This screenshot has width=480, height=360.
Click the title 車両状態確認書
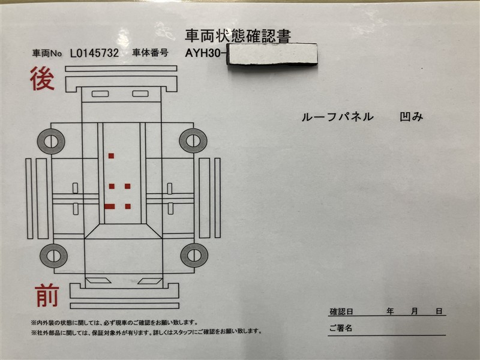[x=238, y=36]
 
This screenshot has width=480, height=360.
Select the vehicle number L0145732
[x=94, y=53]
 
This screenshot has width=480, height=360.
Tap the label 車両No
[x=47, y=53]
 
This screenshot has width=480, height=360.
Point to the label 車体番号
[x=150, y=53]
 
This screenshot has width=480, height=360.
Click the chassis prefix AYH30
[x=203, y=53]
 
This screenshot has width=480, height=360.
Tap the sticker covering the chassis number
[x=272, y=54]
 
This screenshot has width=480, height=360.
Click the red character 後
[x=43, y=79]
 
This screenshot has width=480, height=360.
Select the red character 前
[x=47, y=295]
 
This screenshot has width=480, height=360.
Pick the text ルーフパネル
[x=337, y=116]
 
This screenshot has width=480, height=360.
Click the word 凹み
[x=412, y=116]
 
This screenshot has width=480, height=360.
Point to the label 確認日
[x=341, y=311]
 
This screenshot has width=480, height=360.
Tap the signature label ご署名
[x=340, y=328]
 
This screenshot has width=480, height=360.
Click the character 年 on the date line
[x=390, y=311]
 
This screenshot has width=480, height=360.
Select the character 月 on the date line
[x=414, y=311]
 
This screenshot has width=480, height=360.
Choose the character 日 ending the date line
[x=439, y=311]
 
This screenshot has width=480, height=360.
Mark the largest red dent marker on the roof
[x=110, y=206]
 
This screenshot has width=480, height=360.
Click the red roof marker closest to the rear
[x=111, y=156]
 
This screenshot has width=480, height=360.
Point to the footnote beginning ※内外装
[x=114, y=323]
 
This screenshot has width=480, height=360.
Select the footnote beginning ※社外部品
[x=146, y=332]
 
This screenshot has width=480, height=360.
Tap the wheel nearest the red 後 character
[x=51, y=142]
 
